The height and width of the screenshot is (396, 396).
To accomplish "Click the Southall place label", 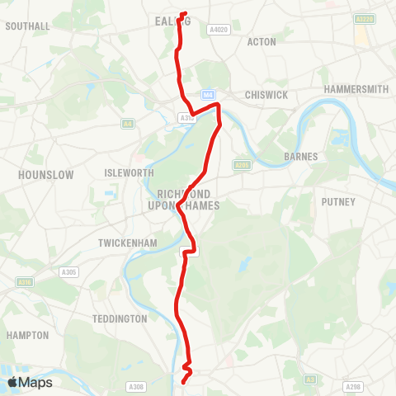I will [27, 26].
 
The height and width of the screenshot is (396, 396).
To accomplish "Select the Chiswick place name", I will [266, 95].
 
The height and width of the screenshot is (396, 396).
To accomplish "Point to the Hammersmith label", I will [356, 88].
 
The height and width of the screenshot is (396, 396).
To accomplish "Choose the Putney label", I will [338, 201].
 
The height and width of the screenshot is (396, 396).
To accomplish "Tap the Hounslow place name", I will [46, 175].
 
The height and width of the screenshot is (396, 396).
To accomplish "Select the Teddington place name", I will [120, 318].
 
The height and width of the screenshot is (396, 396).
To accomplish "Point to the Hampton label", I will [27, 336].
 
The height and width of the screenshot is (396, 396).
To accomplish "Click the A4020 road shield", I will [218, 30].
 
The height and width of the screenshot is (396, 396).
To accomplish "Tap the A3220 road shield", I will [364, 18].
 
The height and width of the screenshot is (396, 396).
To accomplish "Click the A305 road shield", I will [68, 272].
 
